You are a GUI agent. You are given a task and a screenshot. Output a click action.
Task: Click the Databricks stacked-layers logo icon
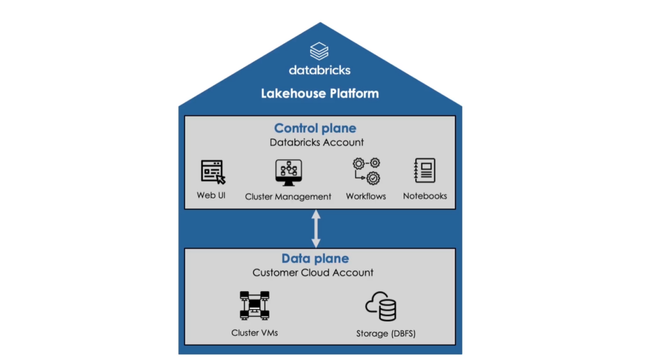point(319,50)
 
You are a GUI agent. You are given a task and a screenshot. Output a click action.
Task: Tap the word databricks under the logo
point(319,70)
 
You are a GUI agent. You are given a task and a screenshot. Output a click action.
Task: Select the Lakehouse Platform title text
point(319,93)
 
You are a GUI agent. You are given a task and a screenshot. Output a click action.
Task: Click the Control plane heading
point(316,128)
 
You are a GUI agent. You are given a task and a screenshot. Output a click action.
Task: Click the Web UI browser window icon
point(213,172)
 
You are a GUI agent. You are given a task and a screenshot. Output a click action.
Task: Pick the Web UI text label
point(211,195)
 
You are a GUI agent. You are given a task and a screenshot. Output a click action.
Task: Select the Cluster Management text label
point(288,197)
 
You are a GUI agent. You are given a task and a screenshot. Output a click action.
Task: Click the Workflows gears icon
point(366,171)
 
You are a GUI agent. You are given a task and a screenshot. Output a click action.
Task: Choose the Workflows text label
point(366,196)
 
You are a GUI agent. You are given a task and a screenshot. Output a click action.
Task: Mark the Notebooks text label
point(425,196)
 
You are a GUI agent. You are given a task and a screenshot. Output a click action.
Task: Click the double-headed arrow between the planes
point(316,229)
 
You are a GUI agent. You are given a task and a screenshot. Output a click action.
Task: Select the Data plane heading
point(316,259)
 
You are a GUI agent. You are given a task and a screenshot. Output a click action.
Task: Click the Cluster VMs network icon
point(254,305)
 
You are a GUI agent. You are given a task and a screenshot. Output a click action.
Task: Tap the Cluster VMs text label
point(254,333)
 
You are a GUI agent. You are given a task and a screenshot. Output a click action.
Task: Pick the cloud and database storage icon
point(381,306)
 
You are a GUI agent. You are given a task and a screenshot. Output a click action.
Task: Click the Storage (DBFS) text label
point(381,333)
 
